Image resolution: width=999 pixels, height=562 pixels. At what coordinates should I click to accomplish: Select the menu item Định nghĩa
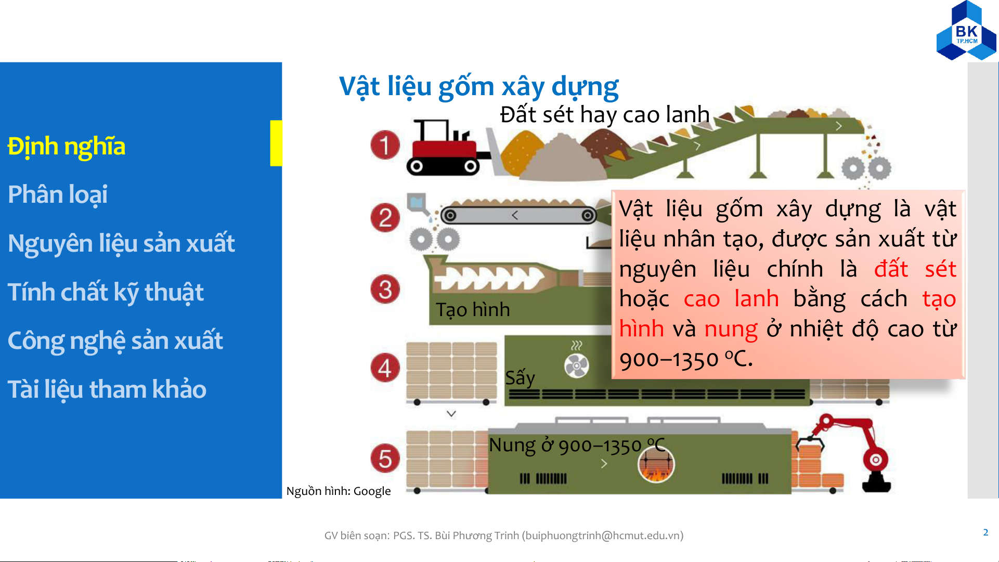click(67, 147)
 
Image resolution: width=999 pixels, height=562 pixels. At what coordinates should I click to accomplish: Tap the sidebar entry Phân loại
click(58, 195)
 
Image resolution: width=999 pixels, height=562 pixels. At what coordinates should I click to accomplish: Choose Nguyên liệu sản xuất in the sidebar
click(121, 243)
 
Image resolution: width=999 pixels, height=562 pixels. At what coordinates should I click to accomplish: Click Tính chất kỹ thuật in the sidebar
click(106, 292)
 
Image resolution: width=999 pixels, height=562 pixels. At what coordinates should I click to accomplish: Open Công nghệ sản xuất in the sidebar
click(115, 341)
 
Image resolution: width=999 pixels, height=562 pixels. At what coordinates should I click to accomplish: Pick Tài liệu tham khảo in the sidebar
click(107, 389)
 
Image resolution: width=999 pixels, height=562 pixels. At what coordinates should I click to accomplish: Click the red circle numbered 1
click(385, 145)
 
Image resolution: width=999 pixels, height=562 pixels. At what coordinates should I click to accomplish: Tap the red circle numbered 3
click(385, 290)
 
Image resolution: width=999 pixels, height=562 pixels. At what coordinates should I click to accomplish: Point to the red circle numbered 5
click(385, 459)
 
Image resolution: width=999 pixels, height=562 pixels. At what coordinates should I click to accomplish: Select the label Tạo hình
click(473, 310)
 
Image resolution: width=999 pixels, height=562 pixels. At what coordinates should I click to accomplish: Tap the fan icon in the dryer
click(577, 365)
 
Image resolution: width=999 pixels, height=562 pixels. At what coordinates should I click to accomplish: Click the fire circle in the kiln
click(656, 464)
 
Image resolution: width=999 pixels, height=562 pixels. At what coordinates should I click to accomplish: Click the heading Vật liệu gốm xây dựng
click(479, 87)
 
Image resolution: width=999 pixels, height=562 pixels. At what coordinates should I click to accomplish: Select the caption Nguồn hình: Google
click(339, 491)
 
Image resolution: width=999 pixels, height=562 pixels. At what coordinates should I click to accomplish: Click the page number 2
click(985, 532)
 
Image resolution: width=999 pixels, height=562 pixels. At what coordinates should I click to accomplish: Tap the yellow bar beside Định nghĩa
click(276, 143)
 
